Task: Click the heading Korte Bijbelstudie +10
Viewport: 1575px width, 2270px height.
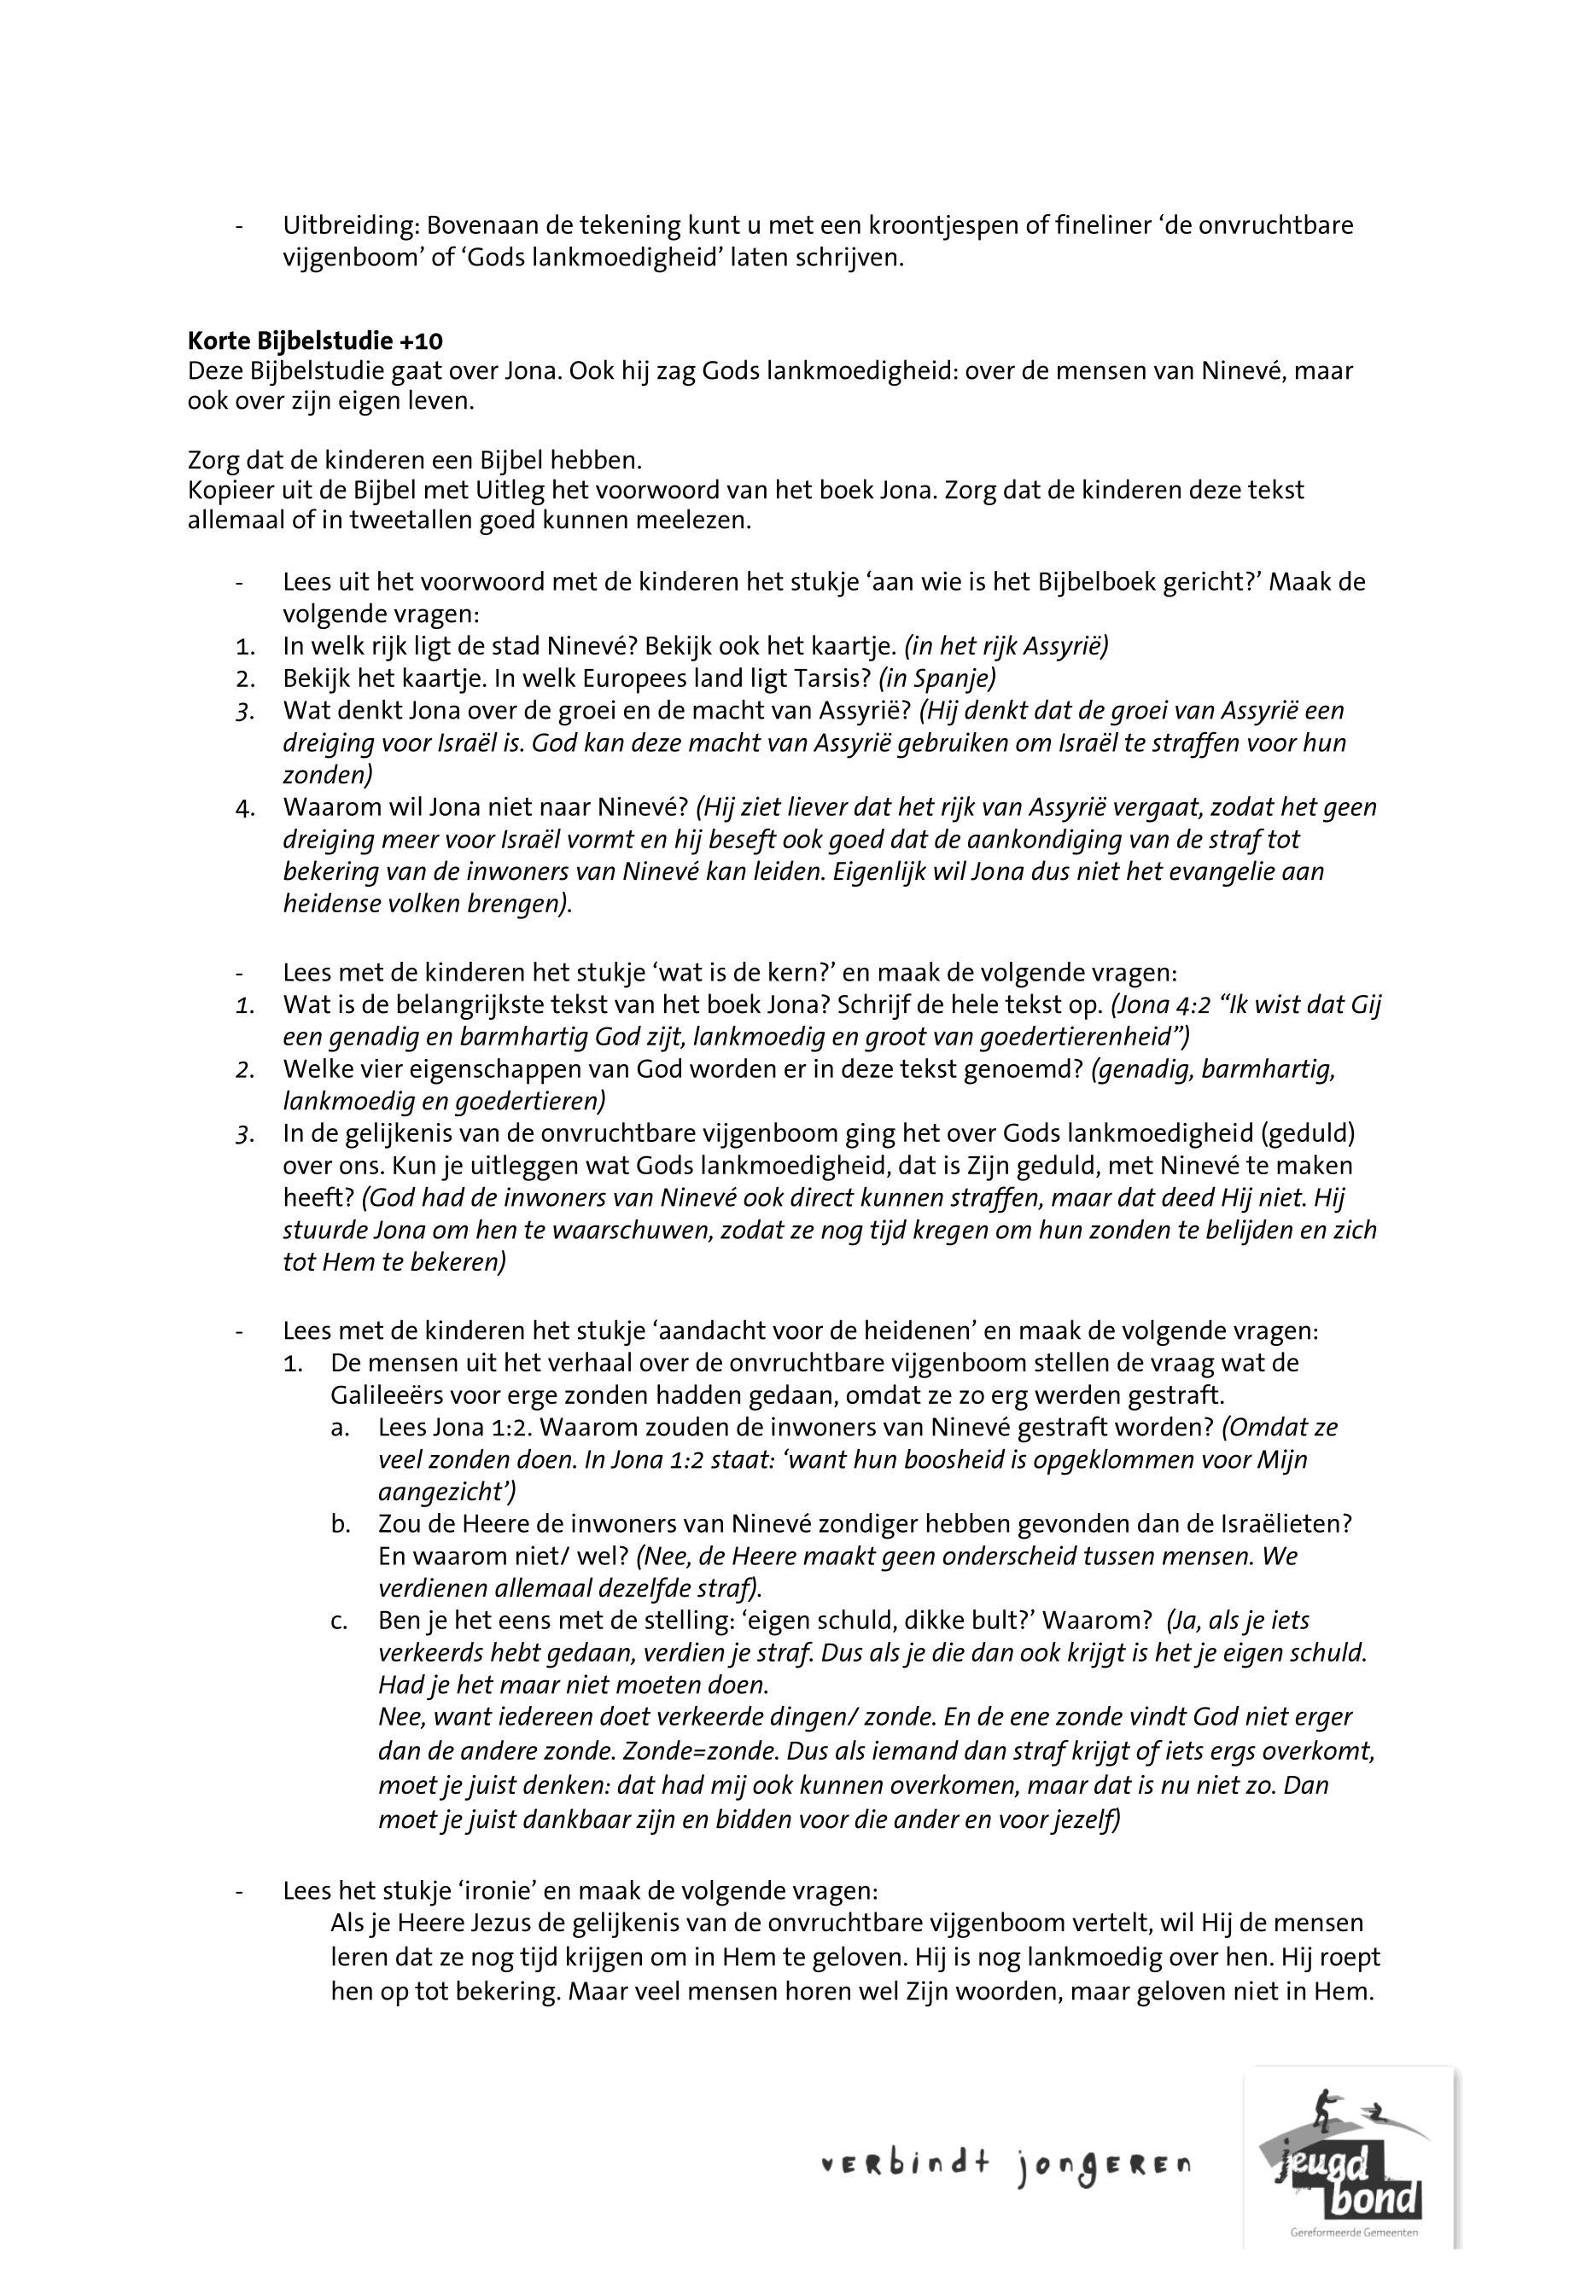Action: (x=315, y=341)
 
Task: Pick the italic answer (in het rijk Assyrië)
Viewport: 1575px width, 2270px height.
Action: (x=1006, y=645)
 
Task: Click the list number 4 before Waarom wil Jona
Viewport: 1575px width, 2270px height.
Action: (x=245, y=808)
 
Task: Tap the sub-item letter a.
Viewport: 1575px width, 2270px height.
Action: (x=340, y=1428)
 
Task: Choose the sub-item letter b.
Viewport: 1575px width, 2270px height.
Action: (x=340, y=1524)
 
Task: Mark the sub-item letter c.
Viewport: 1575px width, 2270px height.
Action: (x=340, y=1621)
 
